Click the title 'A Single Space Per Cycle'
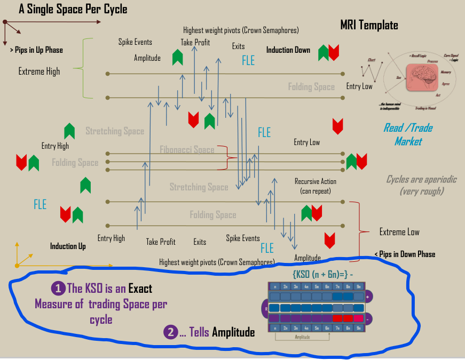(73, 10)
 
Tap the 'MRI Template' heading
(369, 25)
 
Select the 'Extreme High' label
(39, 71)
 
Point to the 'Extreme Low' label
(399, 232)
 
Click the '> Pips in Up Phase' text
(36, 50)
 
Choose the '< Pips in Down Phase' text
(405, 254)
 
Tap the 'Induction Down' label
(288, 50)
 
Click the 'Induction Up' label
(68, 246)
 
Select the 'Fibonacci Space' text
(187, 150)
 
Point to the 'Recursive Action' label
(316, 182)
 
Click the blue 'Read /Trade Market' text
(408, 134)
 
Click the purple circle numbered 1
(58, 289)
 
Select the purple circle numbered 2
(170, 332)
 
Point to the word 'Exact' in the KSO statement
(140, 289)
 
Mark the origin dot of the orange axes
(17, 265)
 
